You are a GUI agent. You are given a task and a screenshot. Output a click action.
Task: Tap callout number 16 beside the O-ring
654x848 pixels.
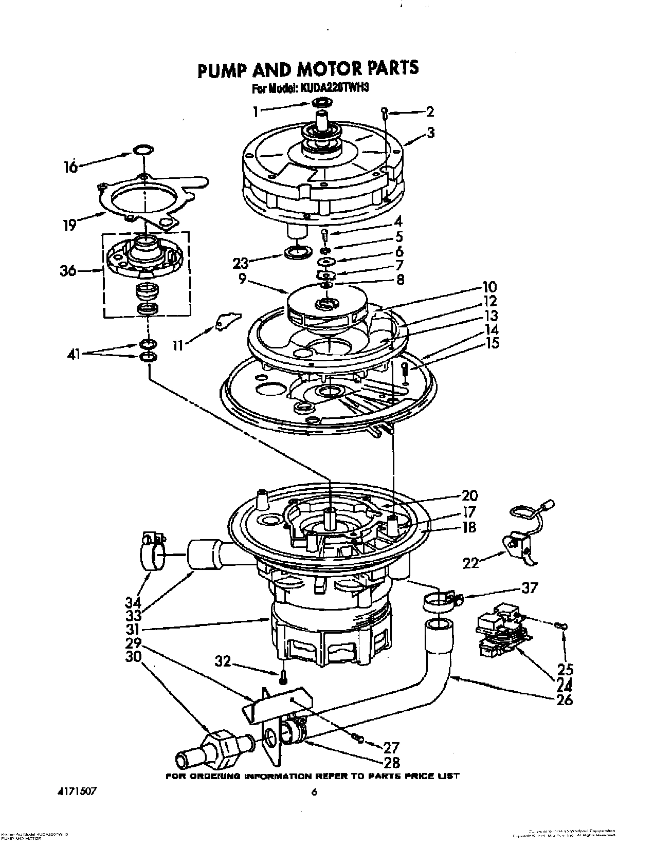click(70, 167)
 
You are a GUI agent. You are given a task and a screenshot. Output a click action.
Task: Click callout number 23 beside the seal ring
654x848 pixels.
click(241, 263)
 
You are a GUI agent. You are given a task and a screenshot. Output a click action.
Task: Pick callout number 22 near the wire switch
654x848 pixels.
click(471, 563)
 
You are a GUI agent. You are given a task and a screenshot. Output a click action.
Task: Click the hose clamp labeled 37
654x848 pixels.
click(440, 601)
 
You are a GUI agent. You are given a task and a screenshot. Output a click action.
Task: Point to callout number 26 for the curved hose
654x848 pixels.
click(564, 699)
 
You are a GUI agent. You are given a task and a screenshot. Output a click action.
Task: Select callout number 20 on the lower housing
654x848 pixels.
click(469, 495)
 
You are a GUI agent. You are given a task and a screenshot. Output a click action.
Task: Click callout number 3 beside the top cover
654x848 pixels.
click(430, 132)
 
